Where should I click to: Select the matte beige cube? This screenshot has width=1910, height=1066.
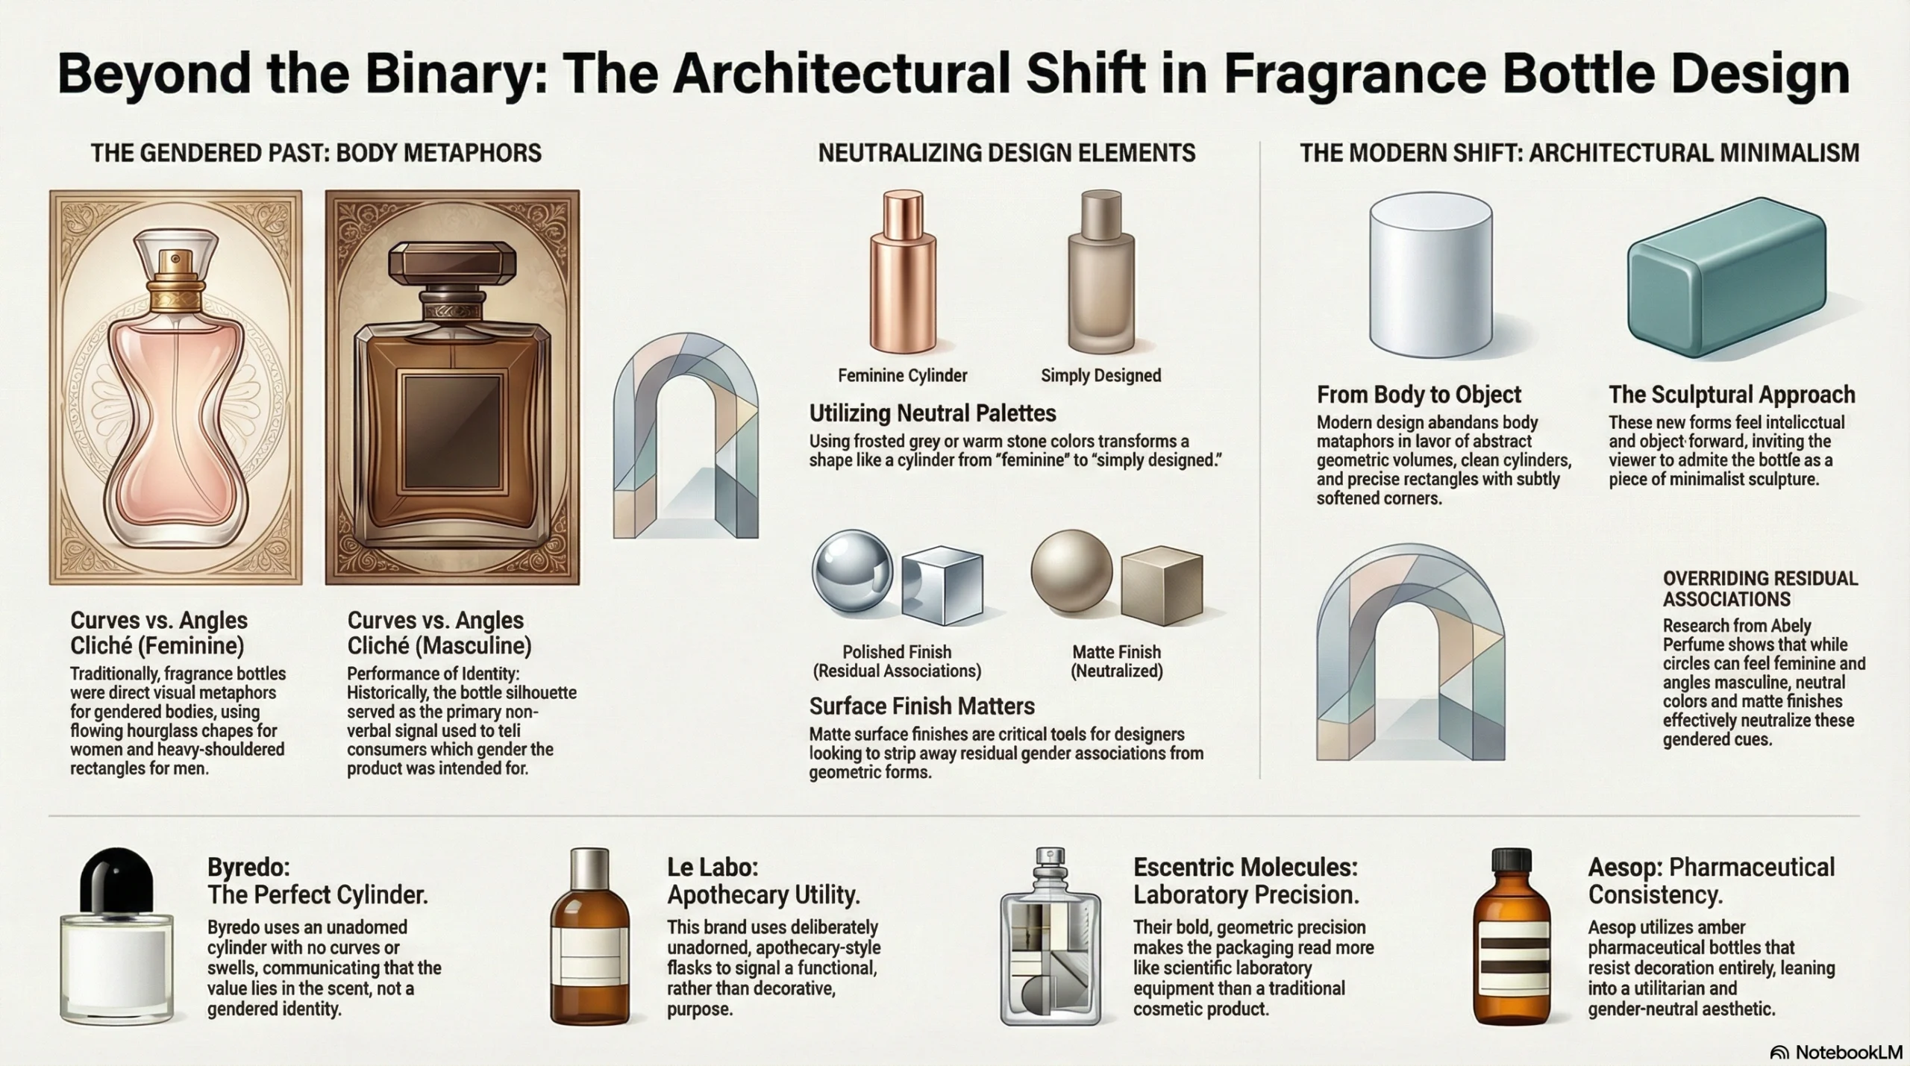(1162, 586)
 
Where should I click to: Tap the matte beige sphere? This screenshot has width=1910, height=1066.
(1071, 571)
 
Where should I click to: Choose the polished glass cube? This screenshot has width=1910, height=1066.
(942, 586)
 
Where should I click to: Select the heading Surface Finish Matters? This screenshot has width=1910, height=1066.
(921, 706)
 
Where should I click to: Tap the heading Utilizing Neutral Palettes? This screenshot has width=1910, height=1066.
(933, 413)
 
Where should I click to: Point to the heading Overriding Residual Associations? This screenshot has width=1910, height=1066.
(1760, 589)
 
